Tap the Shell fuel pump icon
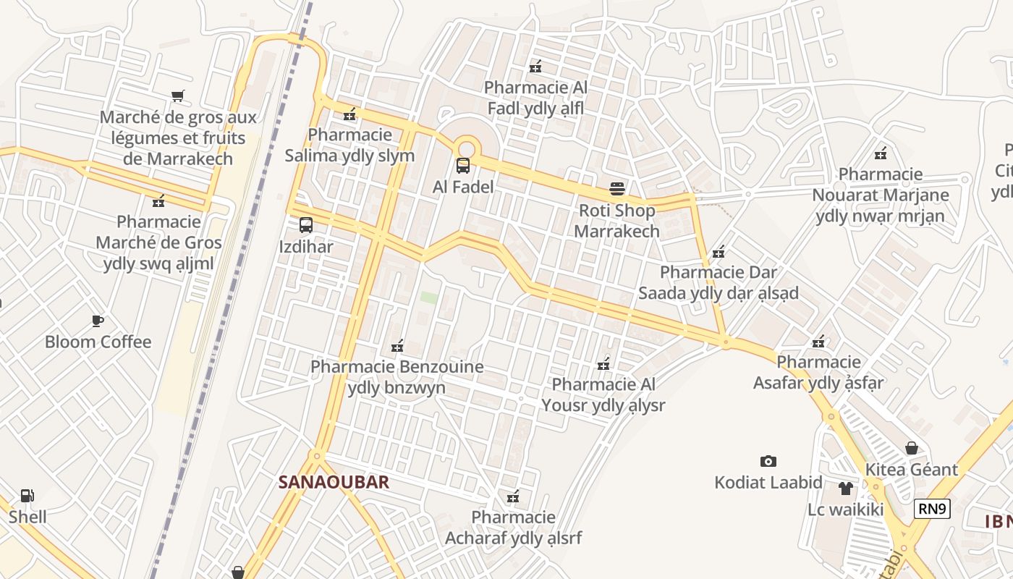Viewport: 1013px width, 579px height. [x=27, y=496]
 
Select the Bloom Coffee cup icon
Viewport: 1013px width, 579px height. [x=98, y=321]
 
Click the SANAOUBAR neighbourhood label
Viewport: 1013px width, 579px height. [x=334, y=482]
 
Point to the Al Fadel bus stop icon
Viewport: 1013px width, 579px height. [x=463, y=166]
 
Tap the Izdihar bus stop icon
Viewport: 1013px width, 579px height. [x=306, y=225]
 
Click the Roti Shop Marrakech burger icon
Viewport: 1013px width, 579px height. [x=617, y=189]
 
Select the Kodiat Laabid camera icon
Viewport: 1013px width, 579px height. [x=768, y=461]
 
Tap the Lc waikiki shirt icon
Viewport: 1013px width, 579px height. [x=846, y=489]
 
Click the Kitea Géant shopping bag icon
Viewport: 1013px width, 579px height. [x=912, y=448]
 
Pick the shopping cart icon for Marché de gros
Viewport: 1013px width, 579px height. [x=178, y=96]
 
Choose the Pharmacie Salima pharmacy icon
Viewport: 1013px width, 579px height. [x=350, y=114]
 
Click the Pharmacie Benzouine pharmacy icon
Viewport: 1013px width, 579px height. [x=397, y=346]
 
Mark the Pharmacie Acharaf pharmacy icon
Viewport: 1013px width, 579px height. [x=513, y=496]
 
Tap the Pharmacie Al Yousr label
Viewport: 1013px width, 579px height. [x=603, y=394]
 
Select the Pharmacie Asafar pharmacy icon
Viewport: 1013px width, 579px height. [x=818, y=342]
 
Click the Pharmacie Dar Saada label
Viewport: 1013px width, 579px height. [x=719, y=282]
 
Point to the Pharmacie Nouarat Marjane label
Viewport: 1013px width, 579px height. [x=881, y=195]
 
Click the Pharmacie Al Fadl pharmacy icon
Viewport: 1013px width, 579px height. [x=535, y=67]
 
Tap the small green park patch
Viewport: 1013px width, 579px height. [x=429, y=297]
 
